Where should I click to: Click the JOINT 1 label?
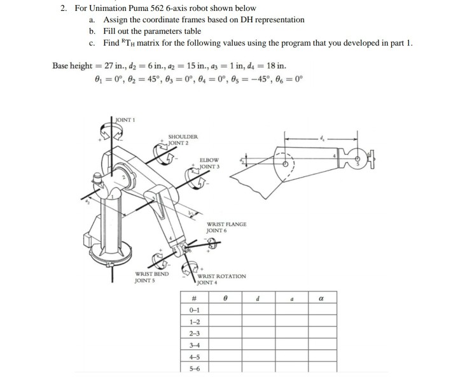[125, 119]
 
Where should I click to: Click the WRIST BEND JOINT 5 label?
[151, 277]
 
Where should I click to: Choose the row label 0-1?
[193, 310]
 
